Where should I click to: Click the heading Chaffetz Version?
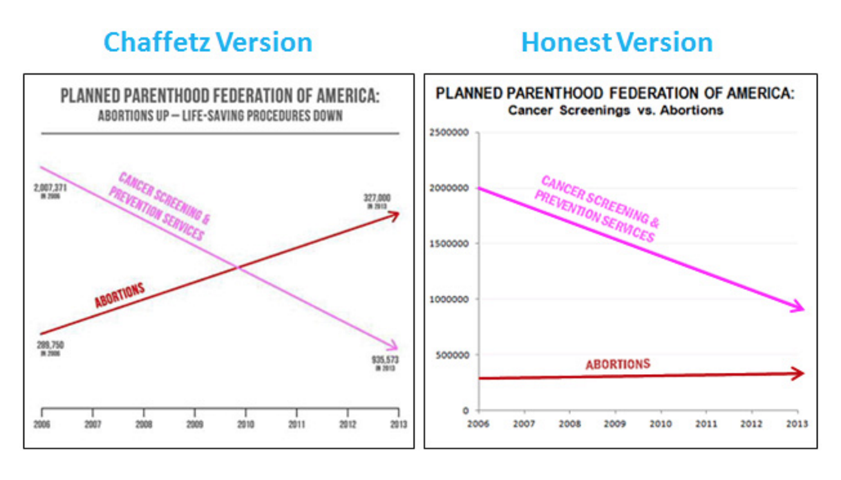tap(207, 42)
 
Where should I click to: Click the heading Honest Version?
tap(616, 42)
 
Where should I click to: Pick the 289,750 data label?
tap(50, 346)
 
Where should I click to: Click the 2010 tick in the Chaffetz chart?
tap(245, 425)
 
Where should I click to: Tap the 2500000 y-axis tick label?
tap(449, 133)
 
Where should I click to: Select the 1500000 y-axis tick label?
tap(449, 244)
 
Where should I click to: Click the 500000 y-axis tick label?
tap(451, 355)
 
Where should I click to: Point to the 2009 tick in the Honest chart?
tap(615, 423)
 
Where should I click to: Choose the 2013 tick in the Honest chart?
tap(797, 423)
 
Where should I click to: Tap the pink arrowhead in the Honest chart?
tap(799, 308)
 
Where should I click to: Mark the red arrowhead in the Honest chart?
tap(799, 373)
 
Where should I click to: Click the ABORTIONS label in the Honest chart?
tap(617, 364)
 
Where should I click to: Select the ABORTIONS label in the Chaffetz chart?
tap(120, 295)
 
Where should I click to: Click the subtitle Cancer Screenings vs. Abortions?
tap(615, 110)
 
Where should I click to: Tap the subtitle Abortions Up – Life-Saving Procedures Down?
tap(220, 116)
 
